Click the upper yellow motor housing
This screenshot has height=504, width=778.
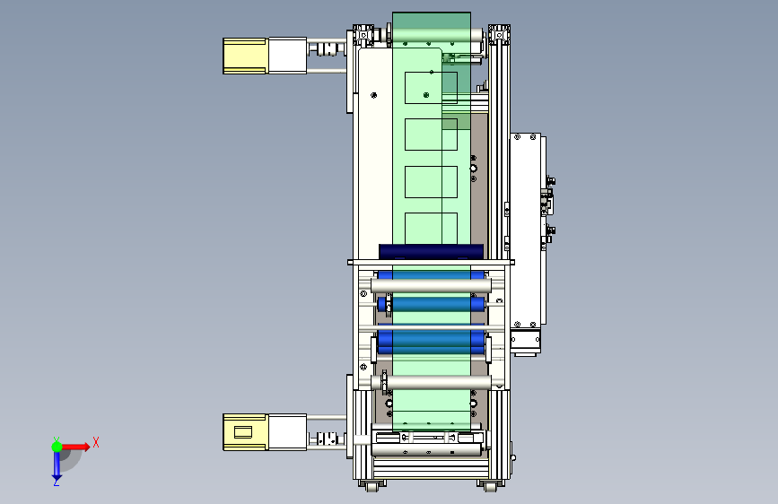(x=245, y=56)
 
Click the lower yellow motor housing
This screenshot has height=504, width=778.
(x=245, y=432)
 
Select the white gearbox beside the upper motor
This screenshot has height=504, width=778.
(x=287, y=56)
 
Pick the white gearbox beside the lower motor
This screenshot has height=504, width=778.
(x=287, y=432)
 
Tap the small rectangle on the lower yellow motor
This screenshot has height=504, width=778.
(x=243, y=432)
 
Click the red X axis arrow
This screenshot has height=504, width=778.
(x=75, y=447)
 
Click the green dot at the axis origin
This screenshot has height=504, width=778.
(x=57, y=447)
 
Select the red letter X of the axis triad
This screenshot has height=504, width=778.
(x=96, y=442)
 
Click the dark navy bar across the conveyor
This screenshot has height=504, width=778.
(x=431, y=251)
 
